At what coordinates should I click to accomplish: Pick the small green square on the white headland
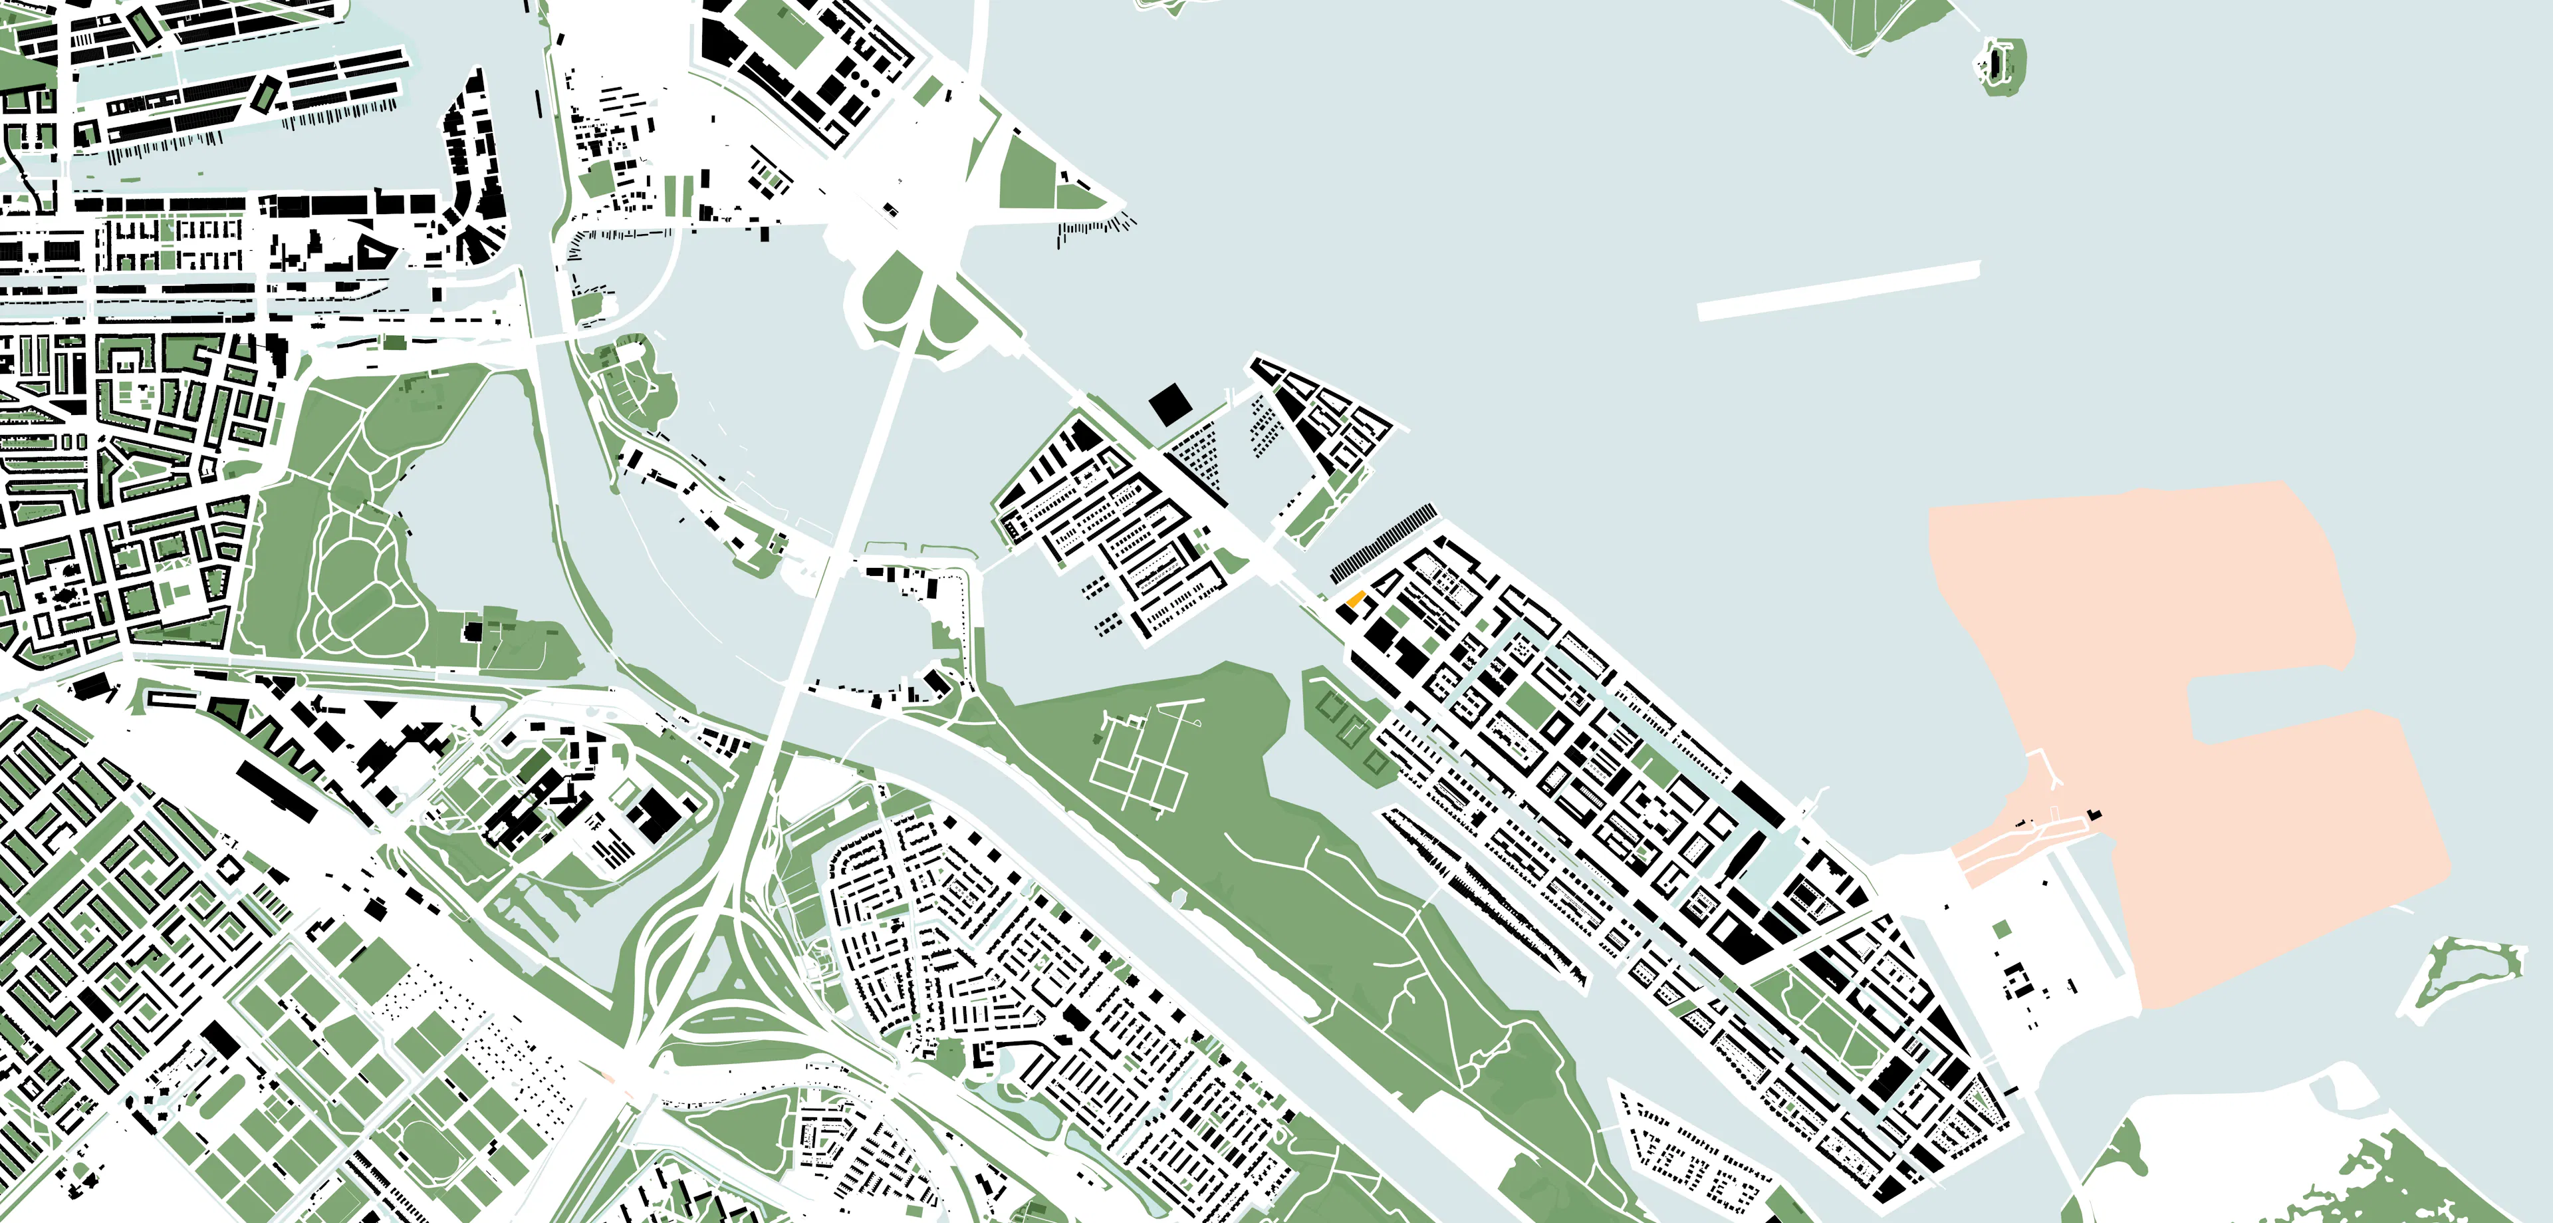tap(2001, 928)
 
